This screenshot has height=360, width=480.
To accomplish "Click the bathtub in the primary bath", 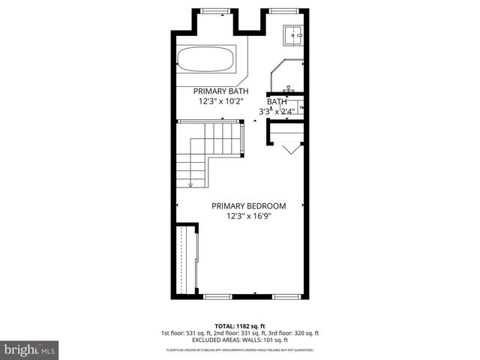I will (206, 59).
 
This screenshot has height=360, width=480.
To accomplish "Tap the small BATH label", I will (277, 101).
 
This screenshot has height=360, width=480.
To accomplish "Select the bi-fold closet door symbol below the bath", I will (289, 148).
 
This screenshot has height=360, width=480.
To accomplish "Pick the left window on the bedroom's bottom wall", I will (216, 297).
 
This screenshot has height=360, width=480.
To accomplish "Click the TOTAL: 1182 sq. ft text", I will (240, 325).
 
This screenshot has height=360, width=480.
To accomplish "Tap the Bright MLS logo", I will (30, 349).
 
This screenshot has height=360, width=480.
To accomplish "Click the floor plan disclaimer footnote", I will (240, 350).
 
